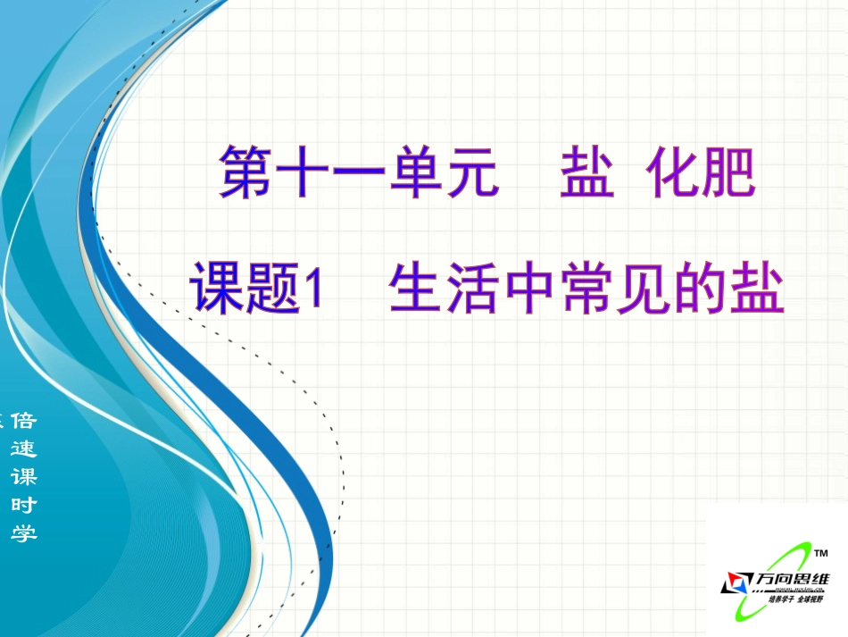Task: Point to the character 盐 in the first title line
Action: click(x=586, y=172)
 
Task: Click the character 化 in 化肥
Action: click(x=671, y=172)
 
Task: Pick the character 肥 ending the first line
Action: click(x=727, y=172)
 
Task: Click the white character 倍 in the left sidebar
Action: click(x=23, y=422)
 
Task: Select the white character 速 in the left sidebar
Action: click(x=23, y=449)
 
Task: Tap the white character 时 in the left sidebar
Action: click(x=23, y=505)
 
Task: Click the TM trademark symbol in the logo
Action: click(x=823, y=553)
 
